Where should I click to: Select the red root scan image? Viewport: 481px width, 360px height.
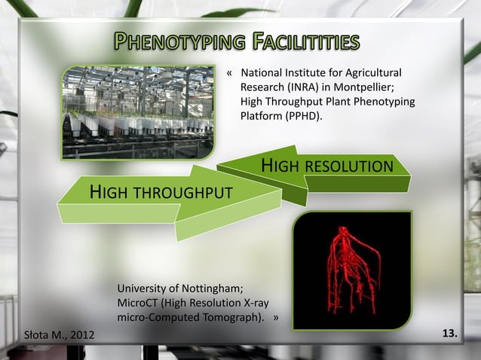coord(351,270)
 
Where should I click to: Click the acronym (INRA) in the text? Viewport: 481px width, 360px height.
coord(308,87)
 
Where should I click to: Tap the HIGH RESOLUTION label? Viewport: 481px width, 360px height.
coord(326,166)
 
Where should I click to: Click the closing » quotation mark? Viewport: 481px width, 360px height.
coord(276,317)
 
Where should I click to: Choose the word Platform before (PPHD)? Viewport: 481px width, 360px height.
coord(260,117)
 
